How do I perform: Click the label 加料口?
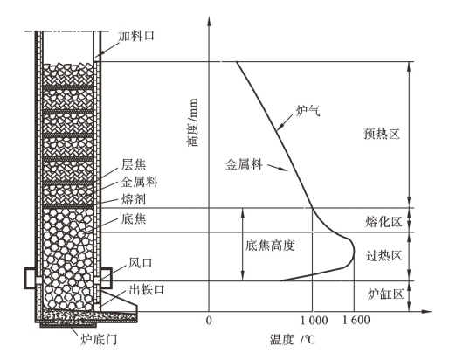point(136,36)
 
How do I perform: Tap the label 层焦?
point(134,164)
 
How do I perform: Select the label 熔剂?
point(134,199)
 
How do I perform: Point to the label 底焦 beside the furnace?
point(134,218)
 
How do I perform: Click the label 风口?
point(141,262)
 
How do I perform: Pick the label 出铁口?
point(147,289)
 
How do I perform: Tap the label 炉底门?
point(99,339)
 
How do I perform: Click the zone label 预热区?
point(382,134)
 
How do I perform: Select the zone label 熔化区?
point(384,221)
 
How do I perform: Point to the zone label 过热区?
point(384,255)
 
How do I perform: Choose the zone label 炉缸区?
point(385,294)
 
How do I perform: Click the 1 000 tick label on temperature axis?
point(314,321)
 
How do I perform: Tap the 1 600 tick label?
point(356,320)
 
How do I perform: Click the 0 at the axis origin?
point(209,321)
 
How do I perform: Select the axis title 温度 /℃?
point(293,340)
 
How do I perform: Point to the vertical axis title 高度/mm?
point(192,122)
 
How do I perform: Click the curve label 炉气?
point(308,110)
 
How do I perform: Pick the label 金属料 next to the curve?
point(244,164)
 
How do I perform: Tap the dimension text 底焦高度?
point(270,246)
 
